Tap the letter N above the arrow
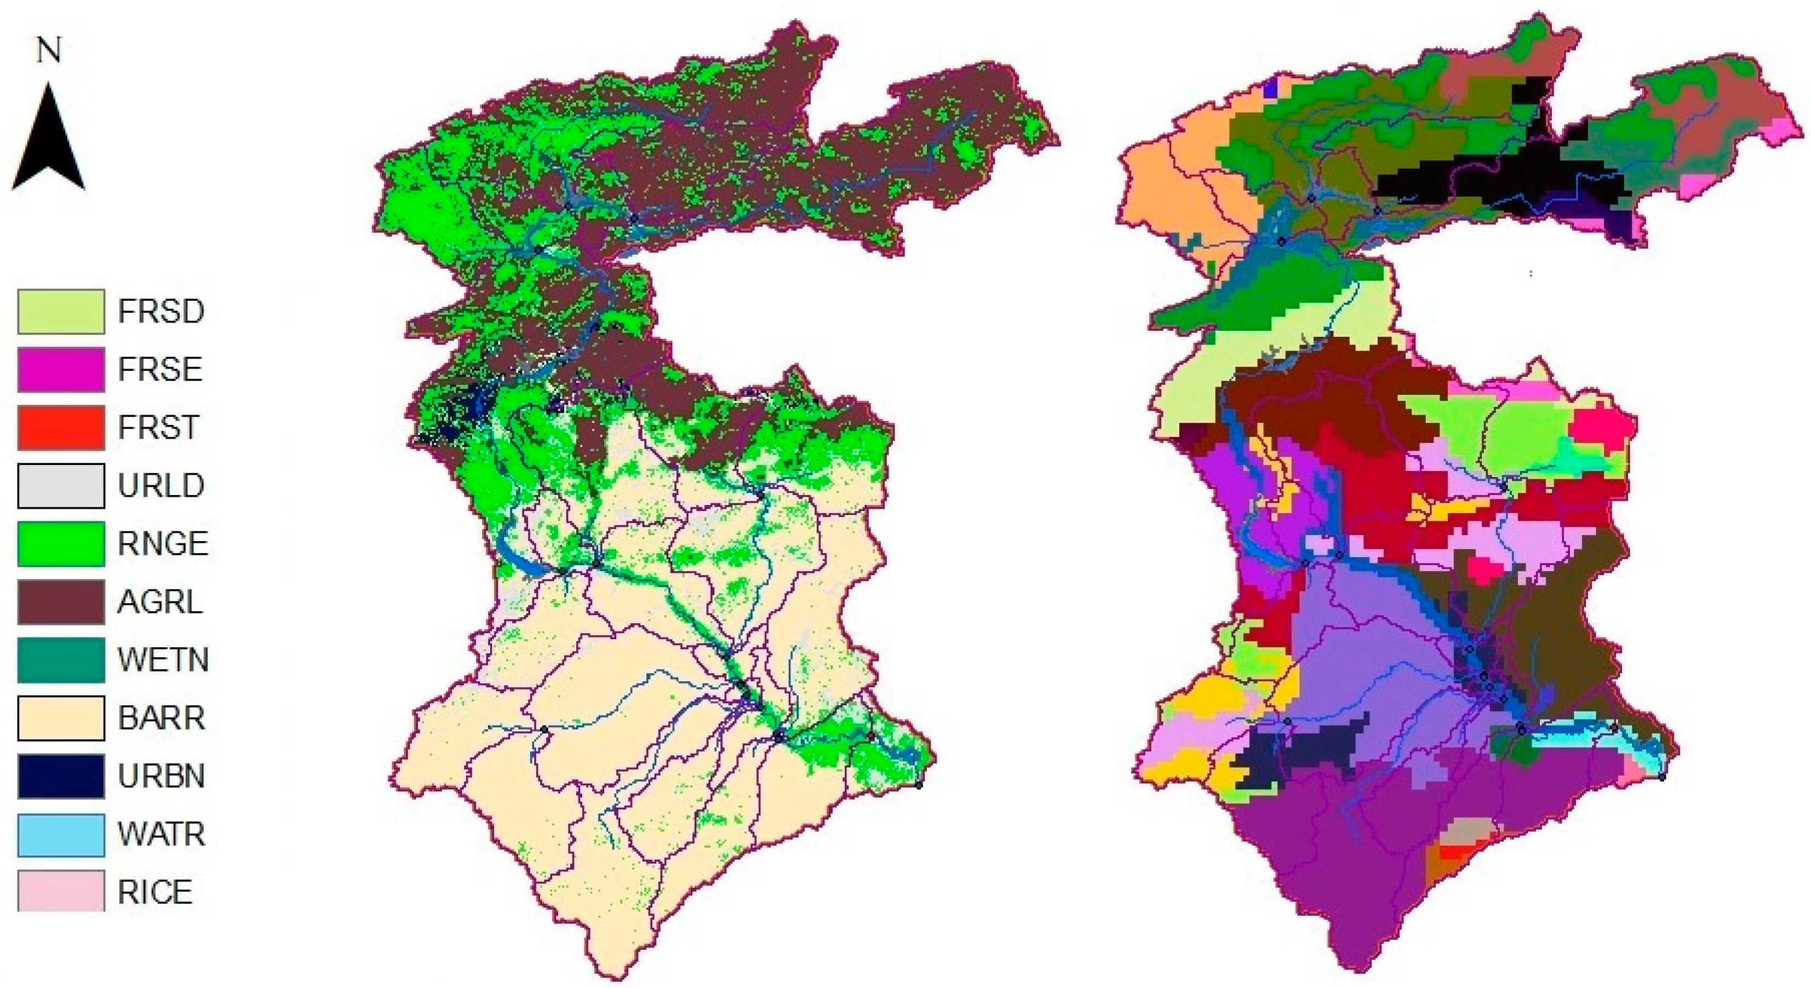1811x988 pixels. pos(49,50)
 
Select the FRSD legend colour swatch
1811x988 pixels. pos(61,311)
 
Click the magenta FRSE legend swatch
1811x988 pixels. pos(61,370)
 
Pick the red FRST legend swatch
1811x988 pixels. pos(61,427)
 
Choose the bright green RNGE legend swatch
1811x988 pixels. pos(61,544)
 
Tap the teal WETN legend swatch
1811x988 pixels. pos(61,660)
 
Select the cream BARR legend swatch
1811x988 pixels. pos(61,718)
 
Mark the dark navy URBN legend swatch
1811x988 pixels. pos(61,777)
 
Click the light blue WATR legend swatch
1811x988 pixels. pos(61,835)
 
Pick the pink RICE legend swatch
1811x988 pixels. pos(61,892)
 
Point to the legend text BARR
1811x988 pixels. pos(162,718)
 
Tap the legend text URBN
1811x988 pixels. pos(162,777)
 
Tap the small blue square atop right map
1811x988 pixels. pos(1270,90)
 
